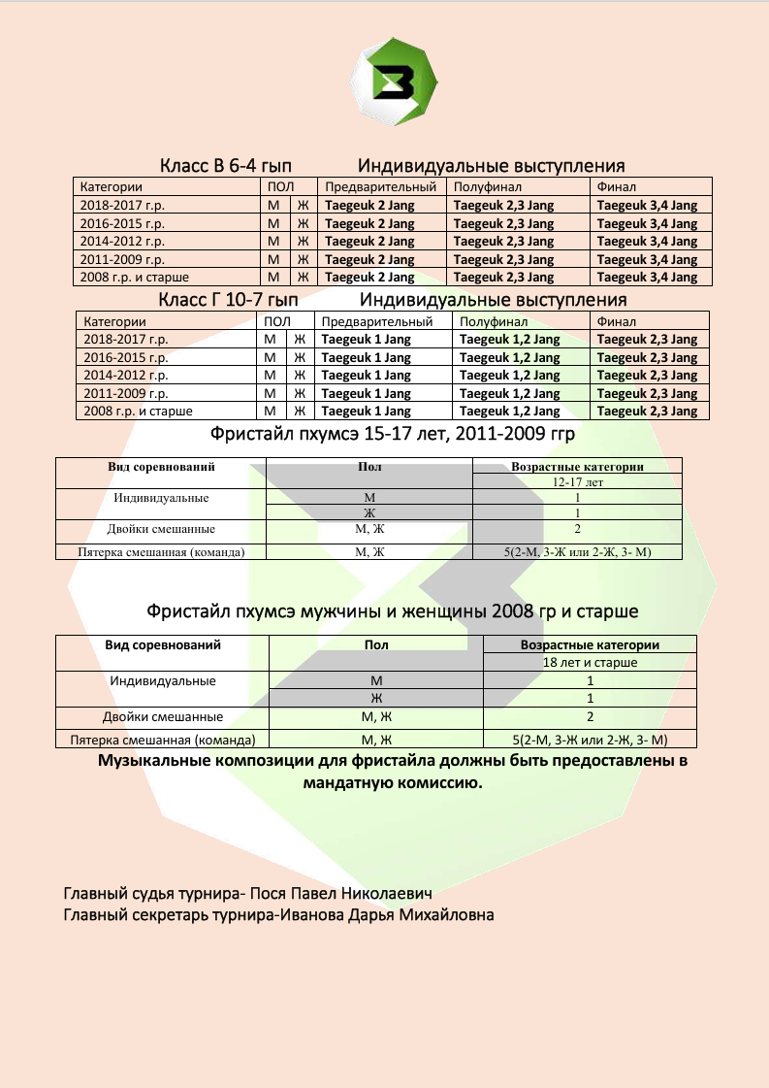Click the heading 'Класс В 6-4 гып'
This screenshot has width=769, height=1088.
coord(226,166)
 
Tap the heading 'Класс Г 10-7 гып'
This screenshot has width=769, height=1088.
coord(227,300)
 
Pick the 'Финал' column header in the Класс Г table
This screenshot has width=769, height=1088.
coord(617,321)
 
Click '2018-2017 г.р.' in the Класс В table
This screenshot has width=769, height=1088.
coord(122,206)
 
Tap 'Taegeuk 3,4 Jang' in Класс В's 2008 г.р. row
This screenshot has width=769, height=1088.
coord(647,278)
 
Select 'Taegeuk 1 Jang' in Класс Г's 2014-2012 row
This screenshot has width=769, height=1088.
coord(366,376)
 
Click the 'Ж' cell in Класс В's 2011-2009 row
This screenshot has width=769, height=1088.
coord(303,259)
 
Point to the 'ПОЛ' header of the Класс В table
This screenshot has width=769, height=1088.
coord(278,186)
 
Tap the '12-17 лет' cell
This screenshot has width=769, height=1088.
coord(577,481)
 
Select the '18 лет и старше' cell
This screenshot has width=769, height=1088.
coord(590,662)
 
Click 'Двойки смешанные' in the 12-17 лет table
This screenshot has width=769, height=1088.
coord(161,530)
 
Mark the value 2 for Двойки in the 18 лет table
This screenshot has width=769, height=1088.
coord(590,717)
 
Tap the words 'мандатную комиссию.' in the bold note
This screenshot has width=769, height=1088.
coord(392,781)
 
